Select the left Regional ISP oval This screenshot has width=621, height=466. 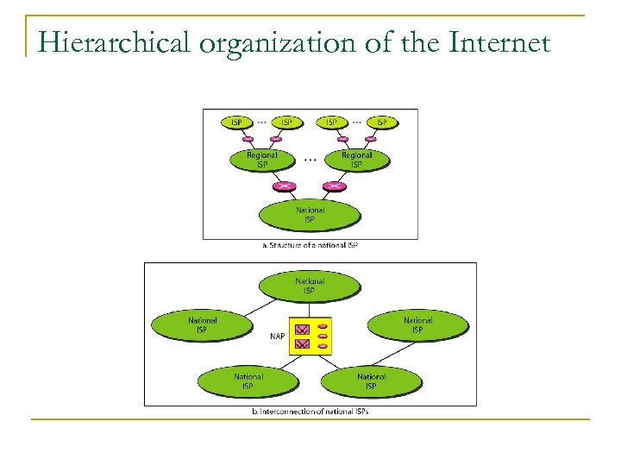[x=262, y=160]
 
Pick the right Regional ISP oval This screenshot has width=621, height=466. [x=356, y=160]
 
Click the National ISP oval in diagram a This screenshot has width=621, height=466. [x=310, y=215]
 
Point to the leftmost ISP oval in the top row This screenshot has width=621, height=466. [x=237, y=123]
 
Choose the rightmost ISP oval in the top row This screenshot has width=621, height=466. [x=381, y=123]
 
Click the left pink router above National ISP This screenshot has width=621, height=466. [x=285, y=186]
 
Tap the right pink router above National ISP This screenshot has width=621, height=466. [x=335, y=186]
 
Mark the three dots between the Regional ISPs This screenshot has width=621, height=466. [x=310, y=160]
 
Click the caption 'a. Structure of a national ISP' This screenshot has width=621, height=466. [x=310, y=245]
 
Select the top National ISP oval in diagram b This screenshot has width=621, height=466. [x=310, y=286]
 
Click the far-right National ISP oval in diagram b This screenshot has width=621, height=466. [x=417, y=324]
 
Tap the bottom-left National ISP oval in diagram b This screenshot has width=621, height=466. [x=248, y=381]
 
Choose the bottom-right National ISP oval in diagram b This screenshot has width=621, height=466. [x=371, y=381]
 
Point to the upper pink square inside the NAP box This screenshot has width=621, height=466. [x=302, y=329]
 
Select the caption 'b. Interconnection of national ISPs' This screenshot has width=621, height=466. [x=310, y=412]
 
